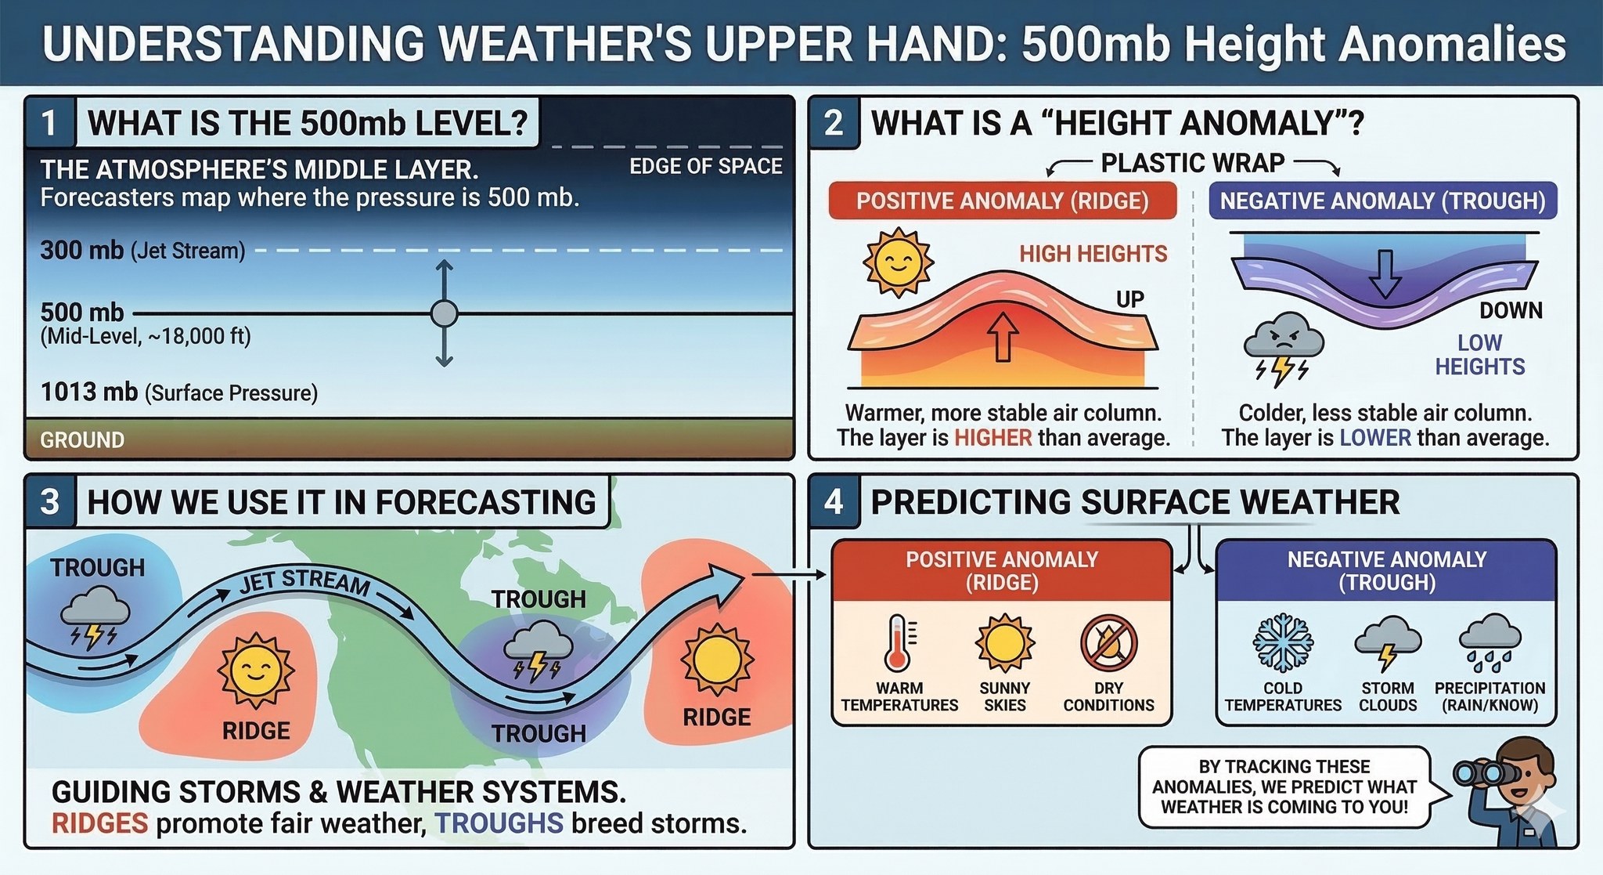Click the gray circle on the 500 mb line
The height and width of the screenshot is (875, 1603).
[x=444, y=313]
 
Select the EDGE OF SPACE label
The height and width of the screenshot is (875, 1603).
[x=705, y=166]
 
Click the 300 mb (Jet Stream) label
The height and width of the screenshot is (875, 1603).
[x=142, y=251]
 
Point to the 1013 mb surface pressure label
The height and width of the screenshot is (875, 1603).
[x=178, y=392]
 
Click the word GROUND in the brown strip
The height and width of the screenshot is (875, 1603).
[x=82, y=440]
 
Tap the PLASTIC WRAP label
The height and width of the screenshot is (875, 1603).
[x=1192, y=163]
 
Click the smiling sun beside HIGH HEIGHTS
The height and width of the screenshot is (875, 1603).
[x=898, y=262]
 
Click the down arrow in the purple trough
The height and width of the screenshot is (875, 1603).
[x=1385, y=273]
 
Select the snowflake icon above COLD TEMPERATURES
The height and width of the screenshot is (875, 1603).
[x=1283, y=643]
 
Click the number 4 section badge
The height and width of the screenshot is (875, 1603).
[x=834, y=501]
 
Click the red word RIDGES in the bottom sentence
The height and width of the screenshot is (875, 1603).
[x=99, y=823]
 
